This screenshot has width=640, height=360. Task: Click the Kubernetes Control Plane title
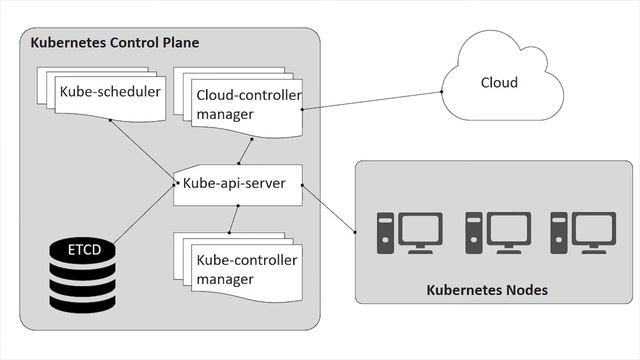click(x=115, y=43)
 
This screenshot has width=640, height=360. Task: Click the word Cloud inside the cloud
click(x=499, y=82)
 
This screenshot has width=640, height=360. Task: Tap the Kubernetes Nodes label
click(x=494, y=291)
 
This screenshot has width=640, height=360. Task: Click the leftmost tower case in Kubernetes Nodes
click(x=384, y=234)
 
